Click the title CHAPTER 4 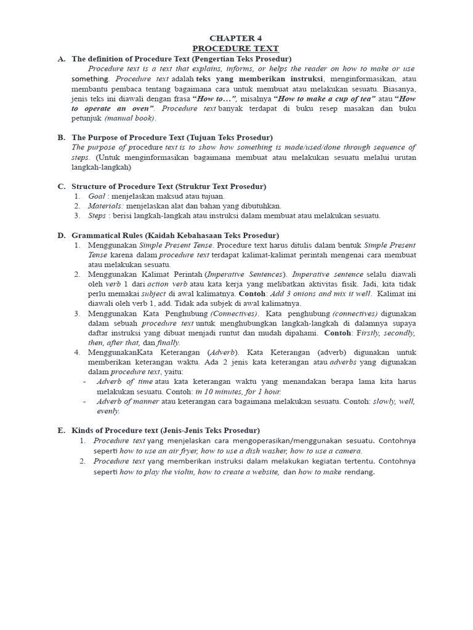tap(236, 38)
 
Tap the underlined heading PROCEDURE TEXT tap(236, 49)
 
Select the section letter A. tap(61, 59)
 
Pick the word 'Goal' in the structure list tap(97, 196)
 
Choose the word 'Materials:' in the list tap(106, 205)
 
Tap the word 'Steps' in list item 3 tap(97, 215)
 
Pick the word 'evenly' tap(108, 411)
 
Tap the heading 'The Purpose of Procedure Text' tap(125, 137)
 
